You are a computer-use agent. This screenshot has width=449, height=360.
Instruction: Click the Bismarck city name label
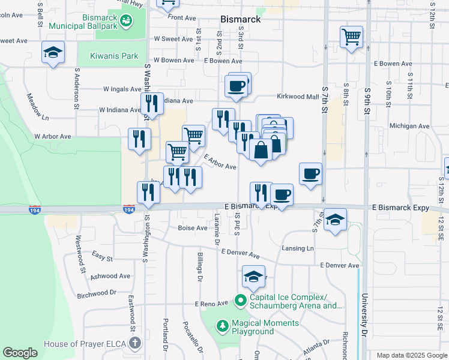[x=240, y=19]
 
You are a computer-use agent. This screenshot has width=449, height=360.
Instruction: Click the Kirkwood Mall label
[x=298, y=97]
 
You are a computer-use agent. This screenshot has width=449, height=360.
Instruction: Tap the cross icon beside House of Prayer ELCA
[x=135, y=344]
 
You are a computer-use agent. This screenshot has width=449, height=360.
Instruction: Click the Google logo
[x=20, y=353]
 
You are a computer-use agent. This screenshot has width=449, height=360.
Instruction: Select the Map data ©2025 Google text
[x=411, y=355]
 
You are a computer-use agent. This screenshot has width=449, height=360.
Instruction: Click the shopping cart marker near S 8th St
[x=351, y=37]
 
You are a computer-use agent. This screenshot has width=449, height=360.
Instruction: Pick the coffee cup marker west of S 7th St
[x=310, y=174]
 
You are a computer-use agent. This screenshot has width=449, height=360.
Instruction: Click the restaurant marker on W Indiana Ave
[x=152, y=103]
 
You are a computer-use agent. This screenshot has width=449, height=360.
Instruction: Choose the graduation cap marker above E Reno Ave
[x=254, y=278]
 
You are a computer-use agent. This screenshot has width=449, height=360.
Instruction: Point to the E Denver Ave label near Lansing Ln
[x=339, y=265]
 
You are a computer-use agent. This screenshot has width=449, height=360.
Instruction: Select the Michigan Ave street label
[x=409, y=127]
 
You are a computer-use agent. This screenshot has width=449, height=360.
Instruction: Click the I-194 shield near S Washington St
[x=128, y=209]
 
